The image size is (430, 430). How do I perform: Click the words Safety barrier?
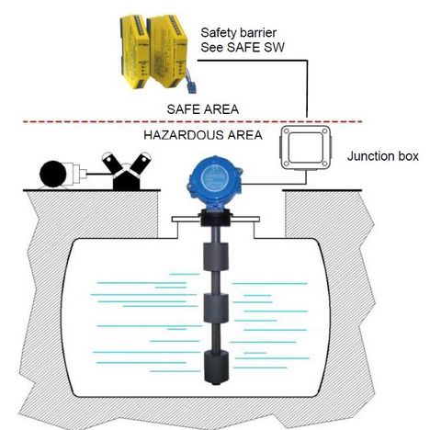pos(238,33)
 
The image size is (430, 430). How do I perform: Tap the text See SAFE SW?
pos(243,48)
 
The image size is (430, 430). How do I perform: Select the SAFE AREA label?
pos(203,109)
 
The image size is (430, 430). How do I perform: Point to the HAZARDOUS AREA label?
pos(203,135)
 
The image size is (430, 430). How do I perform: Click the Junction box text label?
pos(383,156)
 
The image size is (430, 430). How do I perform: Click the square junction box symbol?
pos(306,148)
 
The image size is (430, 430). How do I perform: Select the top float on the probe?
pos(216,256)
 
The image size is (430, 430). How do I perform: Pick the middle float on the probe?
pos(216,309)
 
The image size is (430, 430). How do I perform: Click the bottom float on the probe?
pos(217,367)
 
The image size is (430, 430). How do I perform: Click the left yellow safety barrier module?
pos(135,51)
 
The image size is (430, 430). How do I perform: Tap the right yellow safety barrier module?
pos(168,51)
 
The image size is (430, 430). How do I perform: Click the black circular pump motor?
pos(53,175)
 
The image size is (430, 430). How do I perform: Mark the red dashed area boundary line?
pos(193,122)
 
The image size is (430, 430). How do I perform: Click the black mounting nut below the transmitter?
pos(215,218)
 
